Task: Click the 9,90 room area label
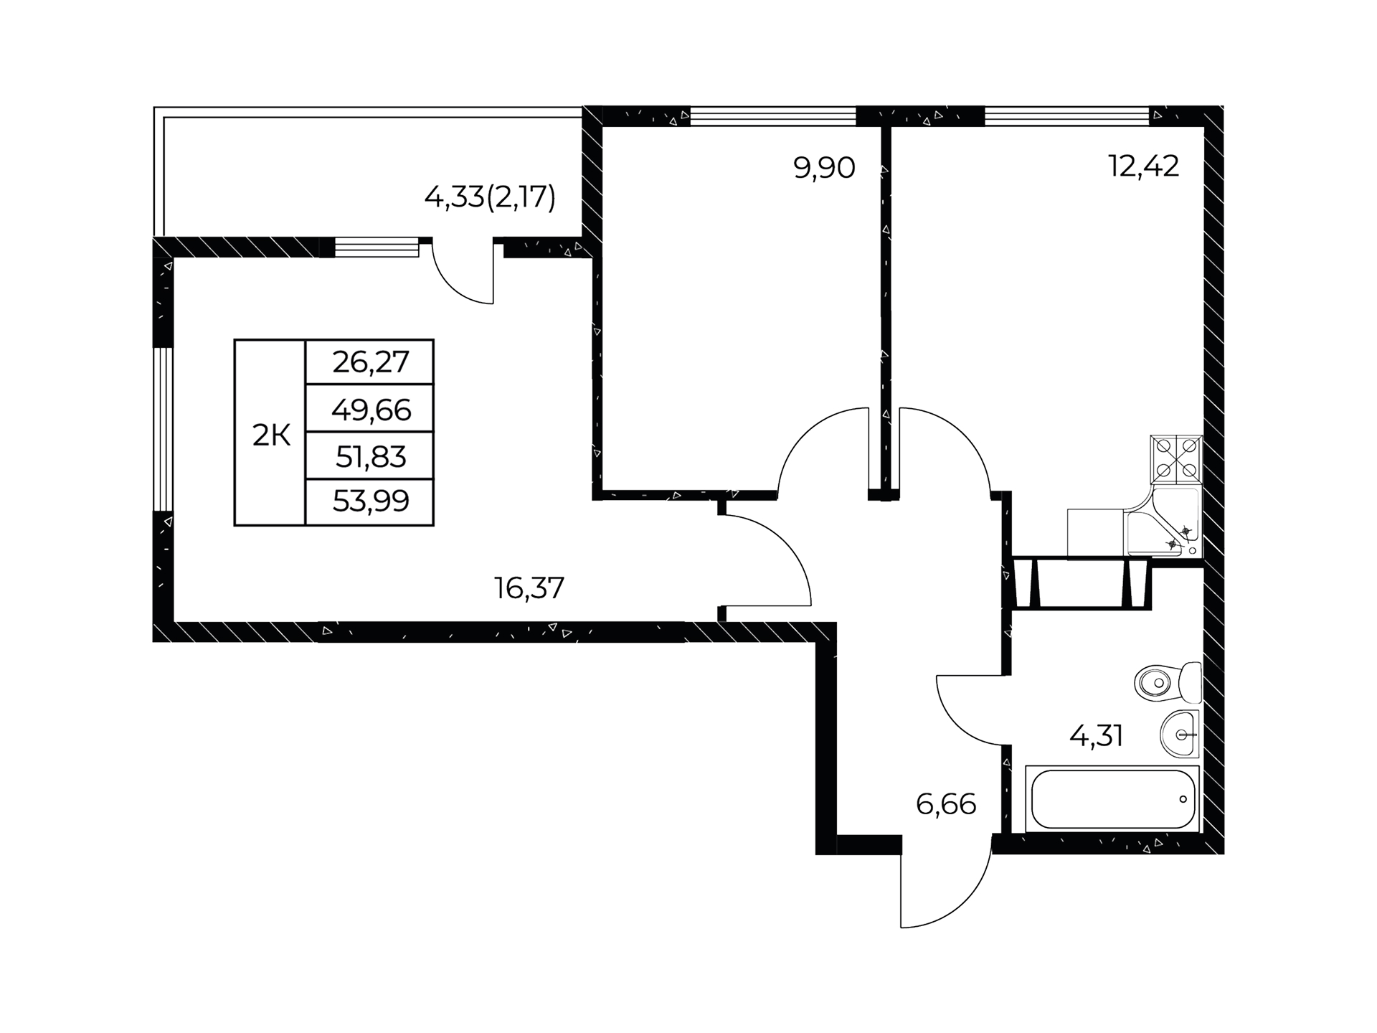click(x=824, y=169)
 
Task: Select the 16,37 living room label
click(x=529, y=589)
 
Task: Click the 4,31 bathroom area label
click(x=1096, y=736)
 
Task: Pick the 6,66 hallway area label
click(x=946, y=805)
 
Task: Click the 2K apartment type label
click(x=271, y=435)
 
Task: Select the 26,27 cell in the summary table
click(x=371, y=362)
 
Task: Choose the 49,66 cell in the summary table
click(x=371, y=410)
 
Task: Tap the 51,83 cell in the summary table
click(x=371, y=457)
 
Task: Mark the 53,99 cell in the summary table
click(x=371, y=501)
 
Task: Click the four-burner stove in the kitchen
click(x=1176, y=459)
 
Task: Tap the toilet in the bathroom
click(x=1168, y=682)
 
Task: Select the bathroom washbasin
click(x=1179, y=734)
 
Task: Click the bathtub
click(x=1112, y=799)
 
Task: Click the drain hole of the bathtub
click(x=1183, y=799)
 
